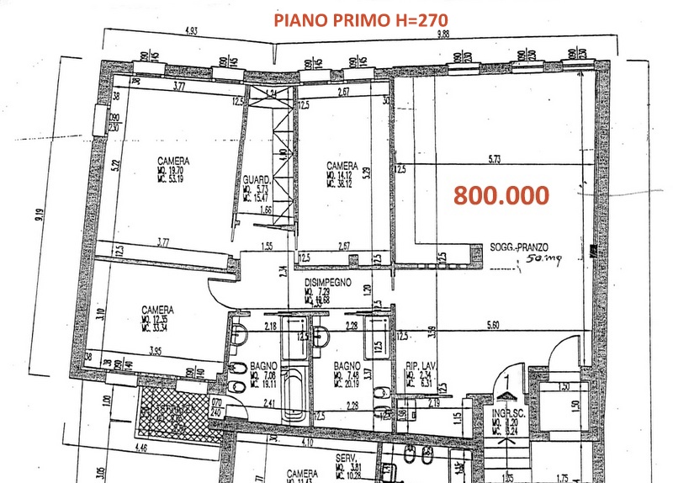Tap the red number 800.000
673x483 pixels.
[x=501, y=195]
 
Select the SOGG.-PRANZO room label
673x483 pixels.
[x=519, y=247]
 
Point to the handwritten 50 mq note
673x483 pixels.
[x=534, y=261]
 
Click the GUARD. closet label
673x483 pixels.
[x=255, y=180]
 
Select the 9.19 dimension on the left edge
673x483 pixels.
[x=40, y=220]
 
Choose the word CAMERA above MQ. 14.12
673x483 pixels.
[x=343, y=166]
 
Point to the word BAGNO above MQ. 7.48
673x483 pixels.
[x=347, y=365]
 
